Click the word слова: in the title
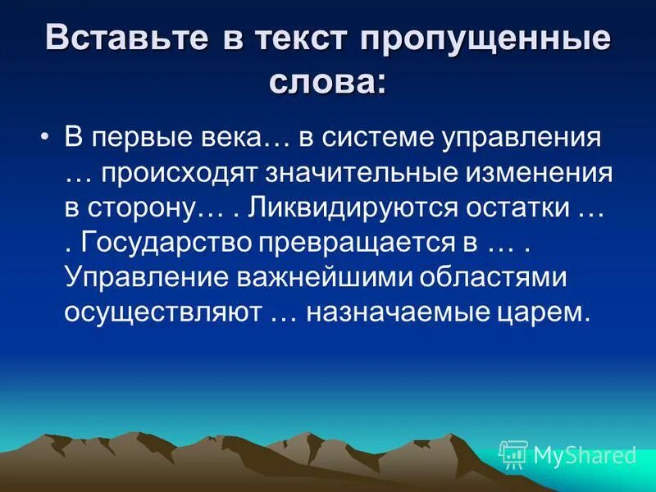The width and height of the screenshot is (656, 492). coord(327,83)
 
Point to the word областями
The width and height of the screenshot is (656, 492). coord(492,277)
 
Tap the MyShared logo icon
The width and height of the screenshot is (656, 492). coord(514,453)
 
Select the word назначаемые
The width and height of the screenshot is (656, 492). coord(397,312)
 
